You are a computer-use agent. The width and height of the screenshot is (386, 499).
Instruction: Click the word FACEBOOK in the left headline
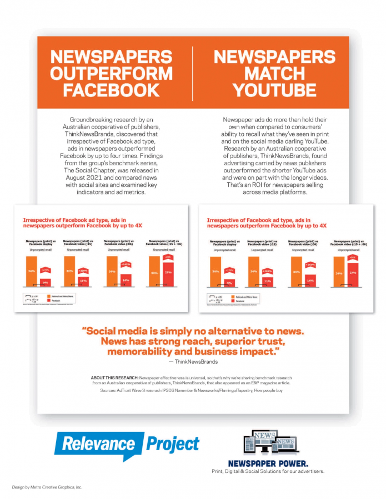[111, 90]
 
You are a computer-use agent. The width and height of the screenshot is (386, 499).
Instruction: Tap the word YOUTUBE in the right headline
[274, 90]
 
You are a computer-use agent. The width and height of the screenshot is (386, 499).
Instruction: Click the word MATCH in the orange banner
[274, 73]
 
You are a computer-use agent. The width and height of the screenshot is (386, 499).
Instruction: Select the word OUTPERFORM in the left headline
[111, 73]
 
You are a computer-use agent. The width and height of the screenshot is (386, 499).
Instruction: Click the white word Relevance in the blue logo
[99, 444]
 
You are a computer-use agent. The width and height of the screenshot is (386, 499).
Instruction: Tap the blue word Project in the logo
[172, 444]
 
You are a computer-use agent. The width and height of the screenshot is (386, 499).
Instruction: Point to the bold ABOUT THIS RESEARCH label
[114, 378]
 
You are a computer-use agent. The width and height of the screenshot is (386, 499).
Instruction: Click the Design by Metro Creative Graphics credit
[47, 487]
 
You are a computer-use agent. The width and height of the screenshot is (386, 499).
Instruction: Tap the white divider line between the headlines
[193, 72]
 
